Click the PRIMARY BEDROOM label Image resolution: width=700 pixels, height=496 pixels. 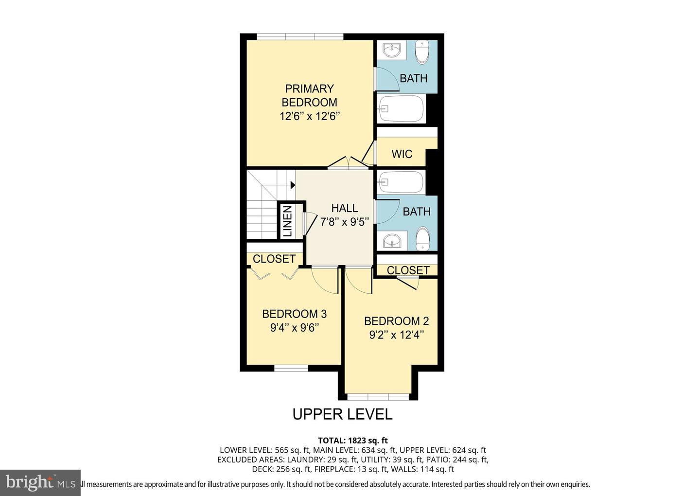click(309, 96)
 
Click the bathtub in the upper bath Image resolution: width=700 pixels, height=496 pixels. click(401, 108)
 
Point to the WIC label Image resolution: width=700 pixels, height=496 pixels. click(402, 154)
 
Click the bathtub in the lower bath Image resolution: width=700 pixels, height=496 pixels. click(401, 182)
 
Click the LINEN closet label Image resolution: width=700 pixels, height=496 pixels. click(287, 221)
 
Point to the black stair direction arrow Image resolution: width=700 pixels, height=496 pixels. click(293, 185)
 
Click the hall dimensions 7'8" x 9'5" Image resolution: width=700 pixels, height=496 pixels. click(344, 222)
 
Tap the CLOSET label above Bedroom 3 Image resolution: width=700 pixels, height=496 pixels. click(274, 259)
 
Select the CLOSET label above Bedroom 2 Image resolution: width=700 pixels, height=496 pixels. click(408, 270)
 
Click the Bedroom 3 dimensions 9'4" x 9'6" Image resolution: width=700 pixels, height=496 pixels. click(294, 328)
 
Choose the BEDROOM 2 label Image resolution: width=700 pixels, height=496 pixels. click(396, 321)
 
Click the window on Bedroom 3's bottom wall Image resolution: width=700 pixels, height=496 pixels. click(291, 369)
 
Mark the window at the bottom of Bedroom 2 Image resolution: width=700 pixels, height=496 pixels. click(378, 396)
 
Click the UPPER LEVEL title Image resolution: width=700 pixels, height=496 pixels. click(342, 414)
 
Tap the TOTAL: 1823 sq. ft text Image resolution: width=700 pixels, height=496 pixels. click(352, 441)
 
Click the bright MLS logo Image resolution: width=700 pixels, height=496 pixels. click(40, 482)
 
